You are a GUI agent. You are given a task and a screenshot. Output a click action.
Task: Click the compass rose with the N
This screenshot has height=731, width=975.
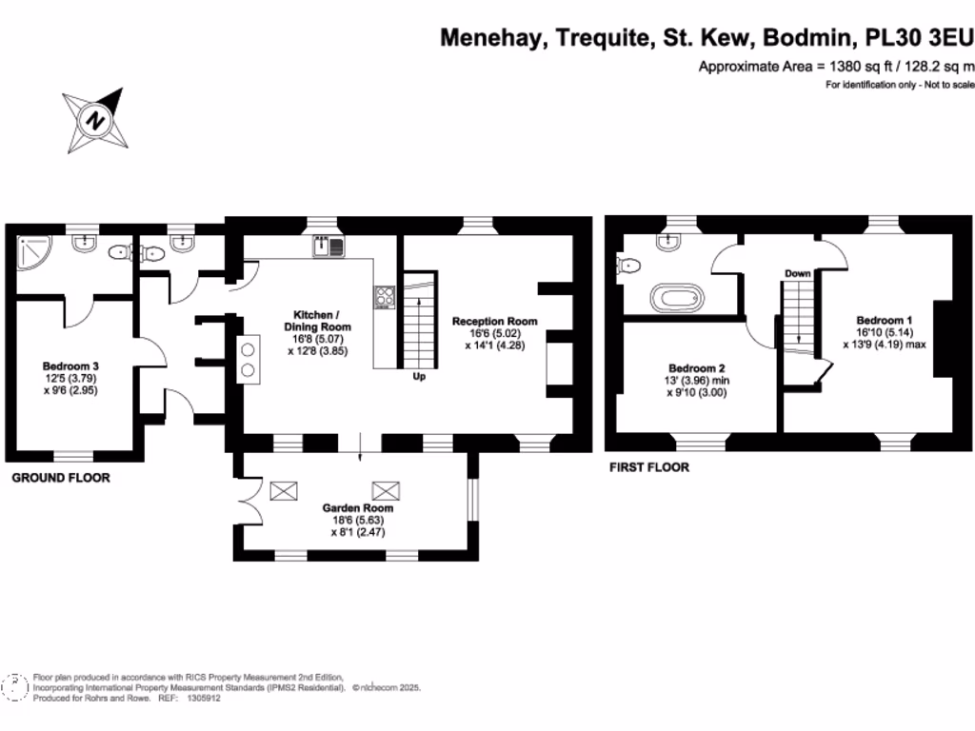(x=94, y=120)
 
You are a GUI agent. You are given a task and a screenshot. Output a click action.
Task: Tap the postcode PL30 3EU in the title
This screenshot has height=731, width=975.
(x=918, y=38)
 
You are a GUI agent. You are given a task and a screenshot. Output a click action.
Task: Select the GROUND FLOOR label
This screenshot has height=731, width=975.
(x=60, y=478)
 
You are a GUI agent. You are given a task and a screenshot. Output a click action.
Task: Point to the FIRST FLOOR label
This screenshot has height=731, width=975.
(x=648, y=467)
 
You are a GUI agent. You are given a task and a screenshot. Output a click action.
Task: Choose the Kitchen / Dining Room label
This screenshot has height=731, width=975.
(x=315, y=321)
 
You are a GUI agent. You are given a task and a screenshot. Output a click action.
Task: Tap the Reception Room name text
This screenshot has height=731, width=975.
(x=494, y=321)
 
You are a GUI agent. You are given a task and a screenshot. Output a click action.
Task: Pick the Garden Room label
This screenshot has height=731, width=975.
(x=357, y=508)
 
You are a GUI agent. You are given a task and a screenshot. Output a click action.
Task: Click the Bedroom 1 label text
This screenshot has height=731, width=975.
(x=884, y=320)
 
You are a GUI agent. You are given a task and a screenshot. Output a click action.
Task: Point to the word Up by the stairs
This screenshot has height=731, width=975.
(x=418, y=376)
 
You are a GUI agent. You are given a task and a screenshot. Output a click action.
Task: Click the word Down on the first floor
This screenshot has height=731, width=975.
(x=797, y=273)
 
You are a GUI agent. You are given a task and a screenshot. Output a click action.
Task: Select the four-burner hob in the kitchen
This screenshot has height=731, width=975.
(x=386, y=297)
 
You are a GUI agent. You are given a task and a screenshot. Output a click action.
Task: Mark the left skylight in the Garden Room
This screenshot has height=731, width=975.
(x=284, y=490)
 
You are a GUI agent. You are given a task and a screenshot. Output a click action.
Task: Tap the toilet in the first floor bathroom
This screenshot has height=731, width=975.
(x=628, y=267)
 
